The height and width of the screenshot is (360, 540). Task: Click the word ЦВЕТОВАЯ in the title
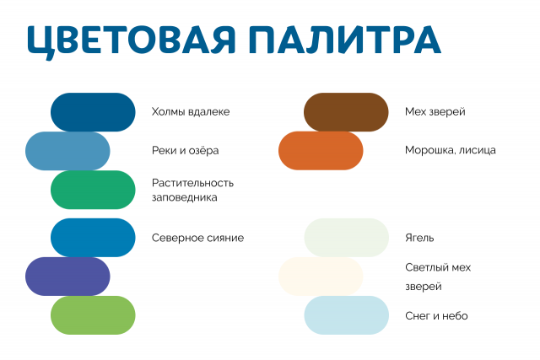click(131, 40)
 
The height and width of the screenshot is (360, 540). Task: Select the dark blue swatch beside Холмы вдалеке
click(93, 112)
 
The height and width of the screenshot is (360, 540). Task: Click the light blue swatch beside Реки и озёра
click(67, 151)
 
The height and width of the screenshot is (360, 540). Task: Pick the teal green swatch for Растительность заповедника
click(93, 190)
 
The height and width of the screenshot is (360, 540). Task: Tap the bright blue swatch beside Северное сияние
click(93, 238)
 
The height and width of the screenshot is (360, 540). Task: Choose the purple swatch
click(67, 277)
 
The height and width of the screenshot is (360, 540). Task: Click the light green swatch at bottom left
click(93, 315)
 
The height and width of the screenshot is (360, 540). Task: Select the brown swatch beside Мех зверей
click(346, 112)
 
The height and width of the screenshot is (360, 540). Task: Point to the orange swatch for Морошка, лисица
click(321, 151)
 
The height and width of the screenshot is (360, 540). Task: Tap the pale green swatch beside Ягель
click(346, 238)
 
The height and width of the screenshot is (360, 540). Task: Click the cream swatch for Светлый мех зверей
click(321, 277)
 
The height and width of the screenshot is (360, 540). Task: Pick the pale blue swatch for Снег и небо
click(346, 315)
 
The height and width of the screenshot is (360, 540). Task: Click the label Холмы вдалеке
click(191, 112)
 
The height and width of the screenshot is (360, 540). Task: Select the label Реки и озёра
click(186, 151)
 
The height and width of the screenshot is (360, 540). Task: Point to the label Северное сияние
click(197, 238)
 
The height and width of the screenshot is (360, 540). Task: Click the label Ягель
click(419, 238)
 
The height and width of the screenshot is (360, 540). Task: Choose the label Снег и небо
click(436, 315)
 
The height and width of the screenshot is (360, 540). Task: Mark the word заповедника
click(185, 198)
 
